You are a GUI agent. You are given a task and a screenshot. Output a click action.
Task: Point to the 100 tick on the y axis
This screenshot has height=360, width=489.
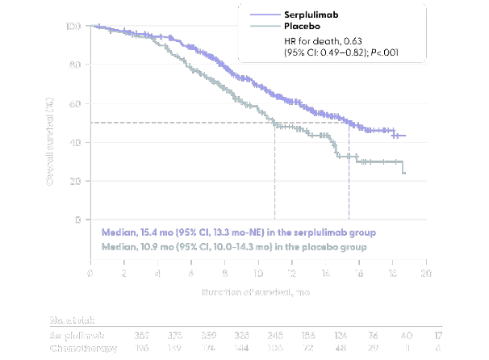click(73, 26)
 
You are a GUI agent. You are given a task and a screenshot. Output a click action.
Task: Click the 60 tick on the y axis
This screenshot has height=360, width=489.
click(76, 103)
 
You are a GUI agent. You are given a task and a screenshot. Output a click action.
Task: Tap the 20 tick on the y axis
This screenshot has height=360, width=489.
click(76, 181)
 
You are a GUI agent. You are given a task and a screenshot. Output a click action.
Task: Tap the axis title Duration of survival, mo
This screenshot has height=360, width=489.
click(257, 291)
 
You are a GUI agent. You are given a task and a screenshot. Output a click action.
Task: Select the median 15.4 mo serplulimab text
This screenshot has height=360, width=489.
click(239, 232)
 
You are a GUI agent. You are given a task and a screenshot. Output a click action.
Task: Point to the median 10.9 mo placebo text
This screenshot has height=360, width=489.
click(234, 246)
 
